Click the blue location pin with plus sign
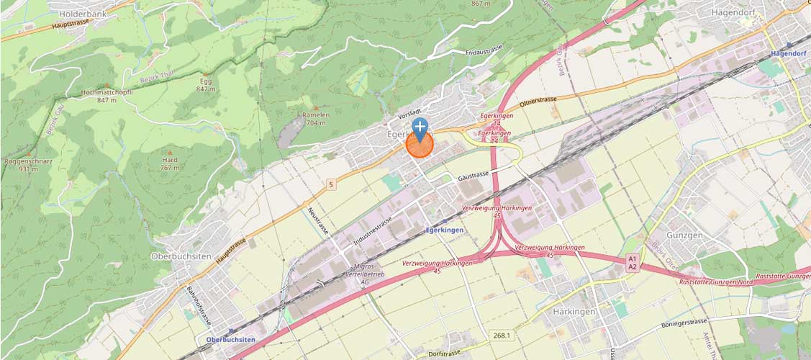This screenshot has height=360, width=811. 420,128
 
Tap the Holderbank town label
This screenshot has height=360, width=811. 82,13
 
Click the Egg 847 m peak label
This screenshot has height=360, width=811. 206,84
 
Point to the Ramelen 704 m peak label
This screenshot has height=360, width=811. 317,118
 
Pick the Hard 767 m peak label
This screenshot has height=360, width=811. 170,163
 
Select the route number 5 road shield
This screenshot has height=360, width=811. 331,185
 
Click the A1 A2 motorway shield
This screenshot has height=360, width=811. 633,262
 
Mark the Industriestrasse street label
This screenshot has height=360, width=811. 373,230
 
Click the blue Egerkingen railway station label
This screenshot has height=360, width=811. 443,230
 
